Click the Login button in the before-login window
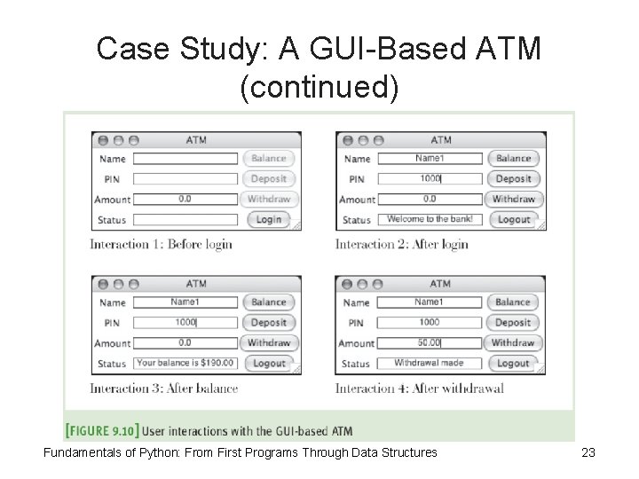pos(268,219)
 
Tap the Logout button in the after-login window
pos(513,219)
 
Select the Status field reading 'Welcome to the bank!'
pos(430,219)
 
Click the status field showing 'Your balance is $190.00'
pos(185,363)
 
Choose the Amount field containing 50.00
pos(430,342)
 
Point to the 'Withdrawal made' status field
pos(430,363)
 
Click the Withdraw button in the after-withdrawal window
pos(513,342)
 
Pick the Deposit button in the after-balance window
pos(268,323)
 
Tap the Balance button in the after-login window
pos(513,159)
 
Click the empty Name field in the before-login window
pos(185,159)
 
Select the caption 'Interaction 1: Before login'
pos(161,244)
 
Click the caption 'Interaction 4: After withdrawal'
pos(420,388)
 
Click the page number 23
pos(588,453)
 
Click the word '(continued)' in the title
pos(319,87)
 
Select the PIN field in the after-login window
pos(430,179)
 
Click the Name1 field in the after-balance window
pos(185,302)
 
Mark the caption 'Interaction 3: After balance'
pos(164,388)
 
